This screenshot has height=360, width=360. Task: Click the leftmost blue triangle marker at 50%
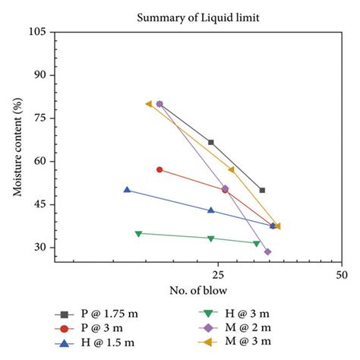click(x=127, y=190)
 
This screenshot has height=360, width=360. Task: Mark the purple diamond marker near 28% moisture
click(x=267, y=252)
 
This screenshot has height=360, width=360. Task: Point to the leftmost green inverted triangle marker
click(x=138, y=234)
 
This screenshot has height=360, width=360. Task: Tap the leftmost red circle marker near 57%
click(x=159, y=169)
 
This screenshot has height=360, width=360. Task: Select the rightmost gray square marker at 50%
click(x=262, y=190)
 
